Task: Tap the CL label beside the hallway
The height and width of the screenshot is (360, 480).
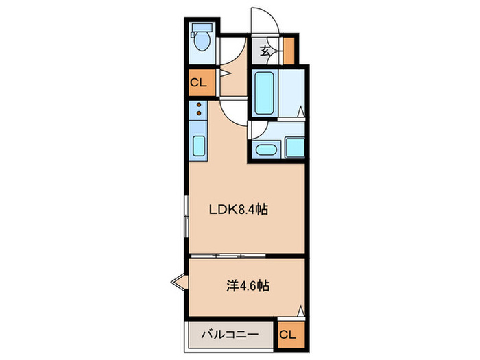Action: (x=198, y=83)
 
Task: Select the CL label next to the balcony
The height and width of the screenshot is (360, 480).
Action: (x=289, y=335)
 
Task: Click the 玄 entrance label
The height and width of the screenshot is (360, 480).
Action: (x=265, y=50)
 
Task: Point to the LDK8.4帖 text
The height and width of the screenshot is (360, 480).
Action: (x=237, y=210)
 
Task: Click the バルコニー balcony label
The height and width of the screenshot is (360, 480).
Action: (x=230, y=335)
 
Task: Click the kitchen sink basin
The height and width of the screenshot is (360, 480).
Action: (x=199, y=146)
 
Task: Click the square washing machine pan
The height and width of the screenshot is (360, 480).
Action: (x=295, y=147)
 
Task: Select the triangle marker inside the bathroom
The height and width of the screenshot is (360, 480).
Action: (x=301, y=110)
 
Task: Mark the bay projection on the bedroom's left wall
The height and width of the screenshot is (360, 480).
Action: (x=179, y=281)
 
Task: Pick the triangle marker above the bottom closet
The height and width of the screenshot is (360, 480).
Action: (x=300, y=311)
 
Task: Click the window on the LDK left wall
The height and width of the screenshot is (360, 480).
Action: (x=186, y=216)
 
